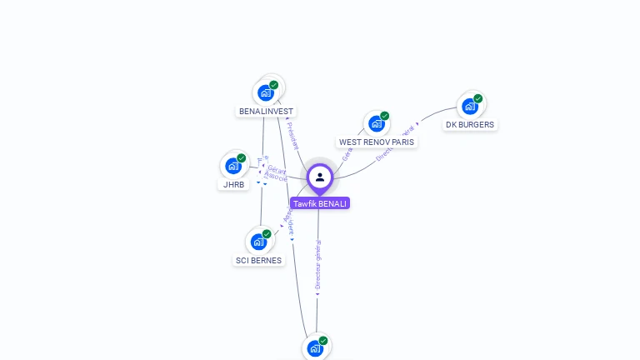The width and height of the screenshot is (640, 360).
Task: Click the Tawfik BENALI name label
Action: click(320, 203)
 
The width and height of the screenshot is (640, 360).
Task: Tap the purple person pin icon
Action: click(320, 177)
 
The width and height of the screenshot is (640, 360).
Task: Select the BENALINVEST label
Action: click(267, 111)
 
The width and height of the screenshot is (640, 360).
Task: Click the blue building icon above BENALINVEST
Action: click(266, 92)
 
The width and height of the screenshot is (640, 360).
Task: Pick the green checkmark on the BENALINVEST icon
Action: click(273, 85)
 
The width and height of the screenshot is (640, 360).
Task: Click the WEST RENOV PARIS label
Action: click(376, 142)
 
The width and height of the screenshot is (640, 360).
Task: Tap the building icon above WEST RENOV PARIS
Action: click(376, 124)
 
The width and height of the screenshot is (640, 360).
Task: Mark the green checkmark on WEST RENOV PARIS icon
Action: click(384, 116)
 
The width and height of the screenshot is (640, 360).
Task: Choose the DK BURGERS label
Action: click(470, 125)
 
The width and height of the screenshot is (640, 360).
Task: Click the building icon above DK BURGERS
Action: click(470, 107)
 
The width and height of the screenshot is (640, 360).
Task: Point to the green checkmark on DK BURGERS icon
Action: click(477, 98)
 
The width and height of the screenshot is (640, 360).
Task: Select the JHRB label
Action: click(233, 184)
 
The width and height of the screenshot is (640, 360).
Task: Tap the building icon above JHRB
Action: click(233, 166)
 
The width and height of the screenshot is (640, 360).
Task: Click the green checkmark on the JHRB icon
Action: click(241, 158)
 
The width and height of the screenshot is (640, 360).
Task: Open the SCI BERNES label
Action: click(258, 260)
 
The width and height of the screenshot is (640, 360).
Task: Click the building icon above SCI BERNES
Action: click(258, 242)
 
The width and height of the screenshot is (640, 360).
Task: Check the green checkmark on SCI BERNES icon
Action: click(267, 234)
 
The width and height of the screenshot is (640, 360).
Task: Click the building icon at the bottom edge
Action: click(315, 348)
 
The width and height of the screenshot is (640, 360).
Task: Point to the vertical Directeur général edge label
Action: click(317, 265)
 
